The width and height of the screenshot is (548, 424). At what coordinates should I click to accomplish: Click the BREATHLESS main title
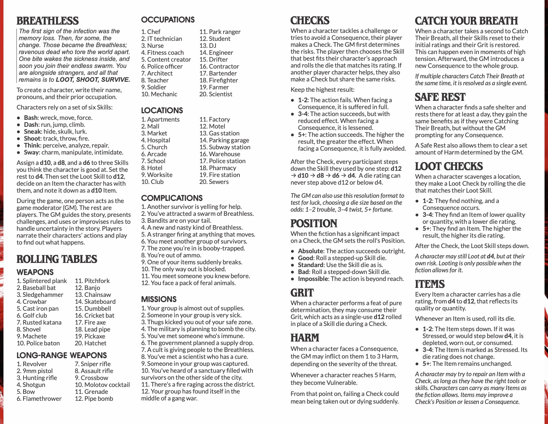(47, 21)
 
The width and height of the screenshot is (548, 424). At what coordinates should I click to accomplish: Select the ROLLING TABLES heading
(57, 259)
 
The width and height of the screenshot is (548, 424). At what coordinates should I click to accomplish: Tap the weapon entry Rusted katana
(39, 323)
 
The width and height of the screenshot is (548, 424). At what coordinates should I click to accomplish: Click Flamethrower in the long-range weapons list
(39, 399)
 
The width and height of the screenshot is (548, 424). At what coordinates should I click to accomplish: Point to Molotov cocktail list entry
(102, 385)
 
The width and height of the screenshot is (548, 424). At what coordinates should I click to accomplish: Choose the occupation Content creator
(166, 60)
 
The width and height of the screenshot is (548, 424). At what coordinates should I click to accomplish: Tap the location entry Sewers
(214, 182)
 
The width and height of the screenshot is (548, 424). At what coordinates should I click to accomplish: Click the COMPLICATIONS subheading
(172, 198)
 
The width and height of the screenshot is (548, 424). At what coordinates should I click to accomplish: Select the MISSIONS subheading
(159, 299)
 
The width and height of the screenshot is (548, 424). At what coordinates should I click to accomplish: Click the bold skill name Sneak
(32, 132)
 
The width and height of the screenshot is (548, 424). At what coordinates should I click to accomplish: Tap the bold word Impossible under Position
(313, 279)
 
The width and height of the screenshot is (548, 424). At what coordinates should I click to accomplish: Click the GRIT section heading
(302, 293)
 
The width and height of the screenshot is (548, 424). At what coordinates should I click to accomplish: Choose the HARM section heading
(305, 338)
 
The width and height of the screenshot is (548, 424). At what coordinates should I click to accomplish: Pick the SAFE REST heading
(440, 97)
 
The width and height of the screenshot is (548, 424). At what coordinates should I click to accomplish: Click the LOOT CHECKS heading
(449, 166)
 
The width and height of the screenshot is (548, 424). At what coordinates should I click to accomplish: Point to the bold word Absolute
(310, 251)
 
